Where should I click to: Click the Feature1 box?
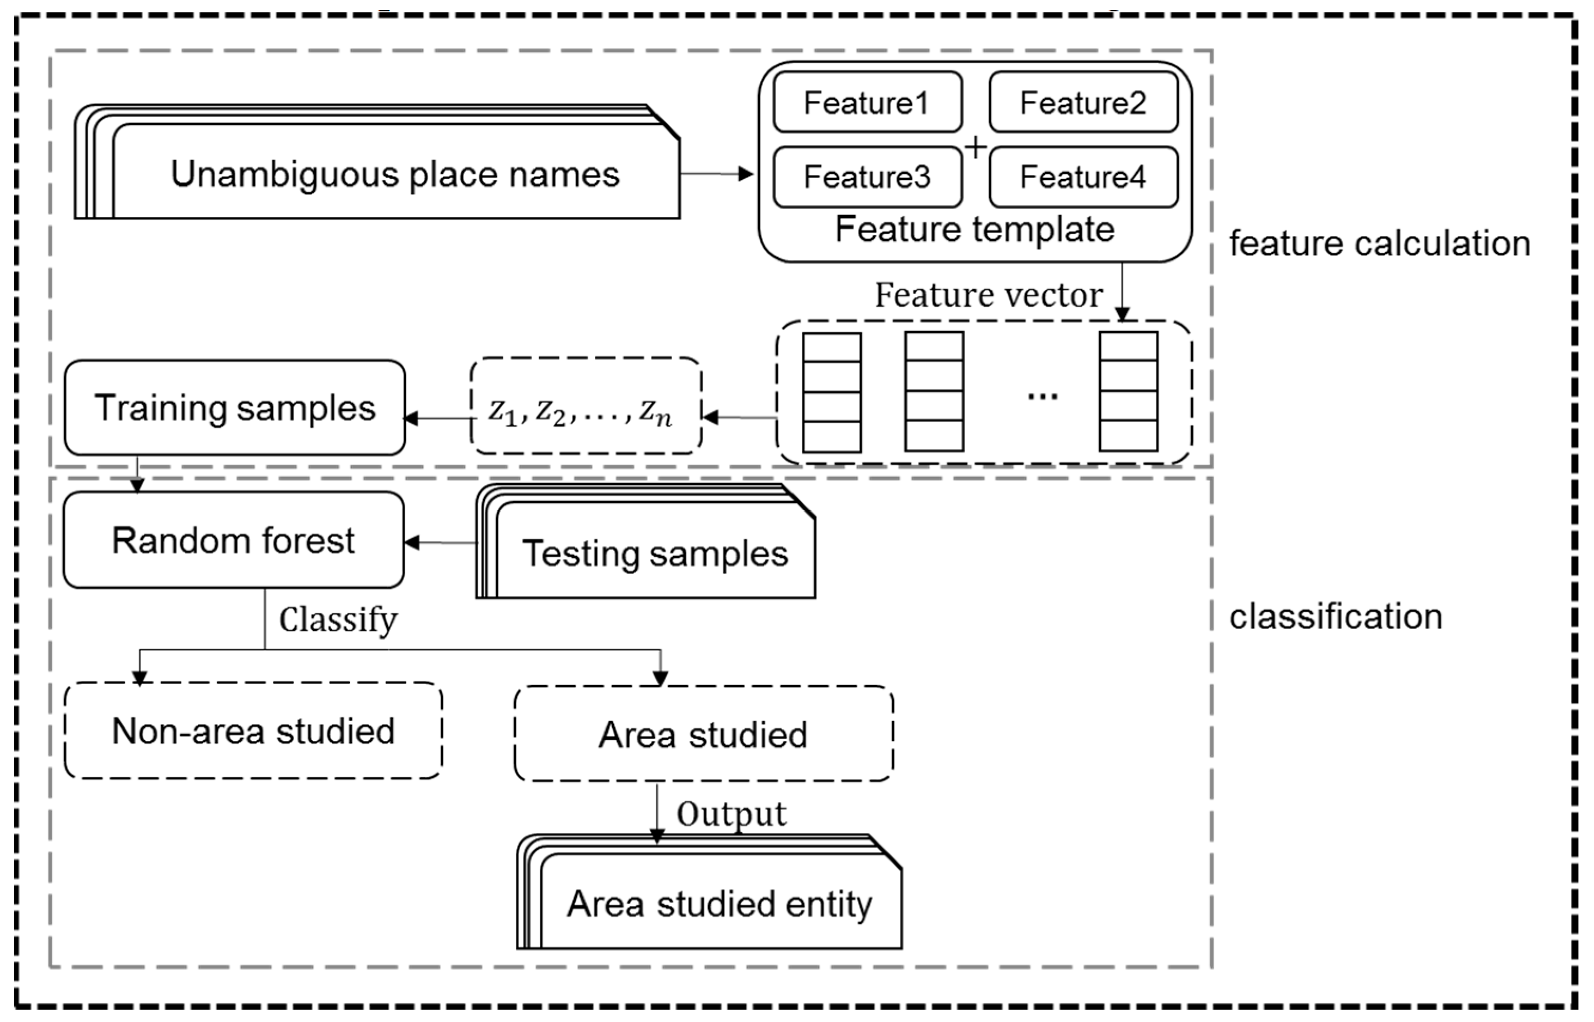coord(867,102)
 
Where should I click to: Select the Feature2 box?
coord(1082,102)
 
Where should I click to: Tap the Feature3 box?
coord(867,176)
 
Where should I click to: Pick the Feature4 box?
coord(1082,176)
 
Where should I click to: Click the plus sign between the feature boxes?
coord(976,147)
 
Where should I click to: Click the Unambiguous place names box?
coord(395,174)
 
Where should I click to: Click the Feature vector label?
coord(988,295)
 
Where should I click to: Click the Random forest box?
coord(233,540)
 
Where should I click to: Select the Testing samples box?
coord(655,553)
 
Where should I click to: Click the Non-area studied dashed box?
coord(253,730)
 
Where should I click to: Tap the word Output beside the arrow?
coord(731,813)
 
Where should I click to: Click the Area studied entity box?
coord(719,904)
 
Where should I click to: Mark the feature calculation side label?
coord(1380,243)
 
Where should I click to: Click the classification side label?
coord(1336,616)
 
